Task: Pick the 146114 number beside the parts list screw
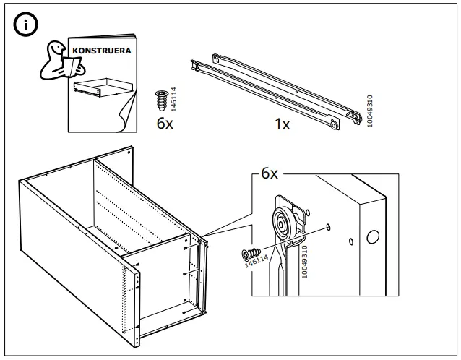[174, 97]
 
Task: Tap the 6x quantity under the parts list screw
[165, 123]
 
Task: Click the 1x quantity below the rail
[282, 124]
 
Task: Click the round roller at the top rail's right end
[333, 126]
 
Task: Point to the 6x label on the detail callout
[269, 174]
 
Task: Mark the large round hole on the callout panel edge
[374, 236]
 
